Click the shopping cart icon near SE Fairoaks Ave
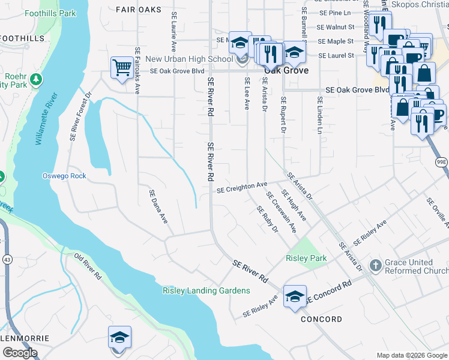(x=122, y=67)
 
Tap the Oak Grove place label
(x=287, y=70)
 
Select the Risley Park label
(x=306, y=259)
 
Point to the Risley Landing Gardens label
(x=206, y=291)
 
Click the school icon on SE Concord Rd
(x=295, y=296)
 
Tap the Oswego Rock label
(x=64, y=176)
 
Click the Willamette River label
(x=46, y=119)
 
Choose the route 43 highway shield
(x=7, y=242)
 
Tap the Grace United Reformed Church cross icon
(x=375, y=265)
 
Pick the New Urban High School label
(x=189, y=59)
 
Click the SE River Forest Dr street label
(x=80, y=116)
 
